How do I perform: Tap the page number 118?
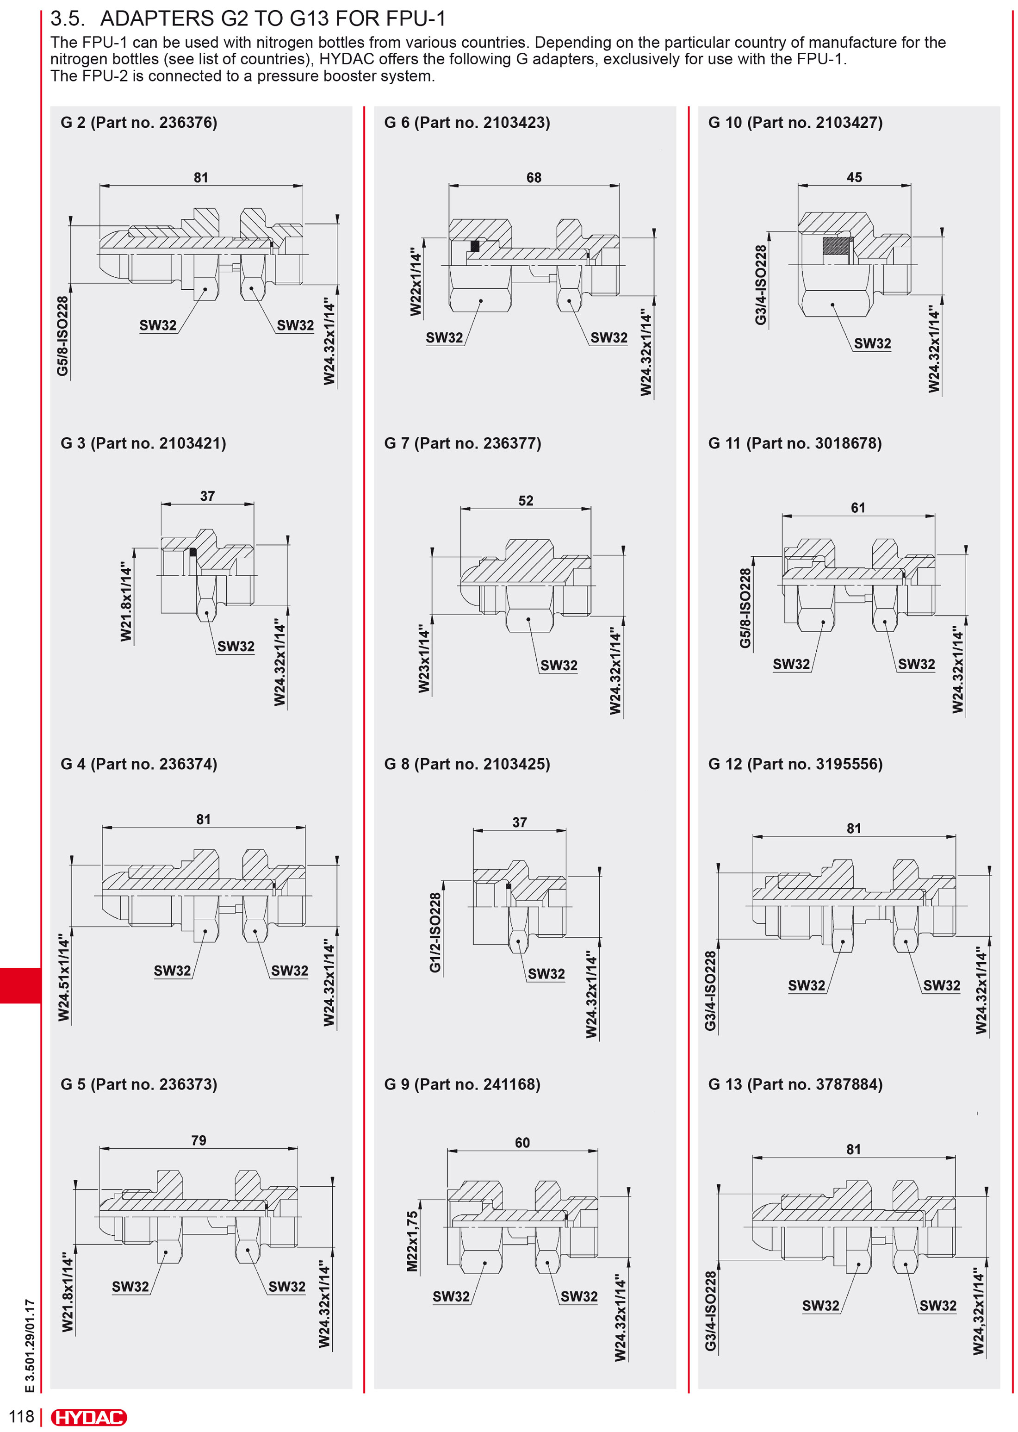coord(21,1416)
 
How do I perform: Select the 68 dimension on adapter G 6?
coord(534,177)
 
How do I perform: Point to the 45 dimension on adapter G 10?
coord(854,177)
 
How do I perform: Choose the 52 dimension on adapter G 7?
coord(525,501)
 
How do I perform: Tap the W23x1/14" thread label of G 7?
coord(424,658)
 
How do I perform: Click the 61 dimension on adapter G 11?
coord(857,508)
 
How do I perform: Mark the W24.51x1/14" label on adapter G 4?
coord(64,977)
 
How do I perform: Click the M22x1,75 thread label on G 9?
coord(412,1241)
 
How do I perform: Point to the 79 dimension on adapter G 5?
coord(198,1140)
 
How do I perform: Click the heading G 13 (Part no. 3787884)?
coord(795,1085)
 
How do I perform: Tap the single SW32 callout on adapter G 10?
coord(872,343)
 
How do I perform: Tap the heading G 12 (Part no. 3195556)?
coord(795,764)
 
